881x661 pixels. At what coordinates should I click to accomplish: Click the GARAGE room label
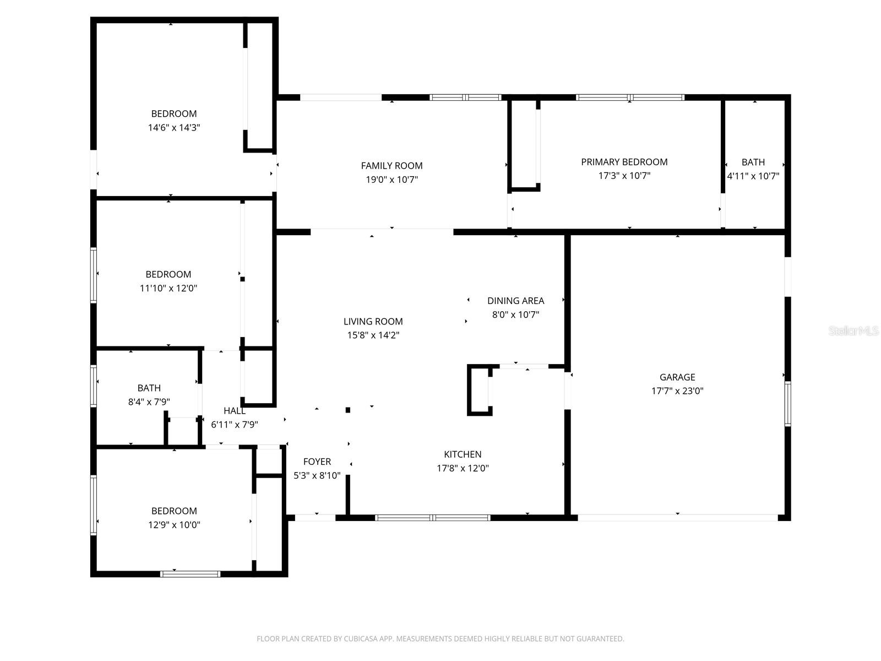coord(677,377)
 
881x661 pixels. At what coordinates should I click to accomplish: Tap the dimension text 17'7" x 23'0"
coord(677,391)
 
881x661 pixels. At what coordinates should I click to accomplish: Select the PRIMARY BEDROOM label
coord(624,162)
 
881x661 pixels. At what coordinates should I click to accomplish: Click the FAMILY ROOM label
coord(391,166)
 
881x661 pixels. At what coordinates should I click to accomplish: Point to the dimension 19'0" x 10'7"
coord(391,180)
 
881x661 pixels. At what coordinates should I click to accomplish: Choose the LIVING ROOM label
coord(373,322)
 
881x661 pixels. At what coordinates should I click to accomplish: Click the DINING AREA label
coord(515,301)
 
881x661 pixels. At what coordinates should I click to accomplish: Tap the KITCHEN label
coord(463,454)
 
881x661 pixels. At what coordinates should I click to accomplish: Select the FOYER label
coord(317,462)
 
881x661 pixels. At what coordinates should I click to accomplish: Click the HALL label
coord(235,411)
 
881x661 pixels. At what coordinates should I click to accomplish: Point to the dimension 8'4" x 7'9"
coord(149,402)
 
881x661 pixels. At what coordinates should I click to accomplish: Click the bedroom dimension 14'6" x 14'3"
coord(174,128)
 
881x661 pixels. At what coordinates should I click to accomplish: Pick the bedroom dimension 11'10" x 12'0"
coord(168,288)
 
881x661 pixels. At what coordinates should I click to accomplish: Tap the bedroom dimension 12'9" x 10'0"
coord(174,525)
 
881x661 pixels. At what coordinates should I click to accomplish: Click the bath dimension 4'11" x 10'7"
coord(753,176)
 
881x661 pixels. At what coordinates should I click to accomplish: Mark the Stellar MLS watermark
coord(853,331)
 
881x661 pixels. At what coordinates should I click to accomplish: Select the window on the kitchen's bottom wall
coord(432,518)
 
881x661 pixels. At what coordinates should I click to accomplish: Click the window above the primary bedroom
coord(630,97)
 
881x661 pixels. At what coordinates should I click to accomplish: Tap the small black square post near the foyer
coord(348,410)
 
